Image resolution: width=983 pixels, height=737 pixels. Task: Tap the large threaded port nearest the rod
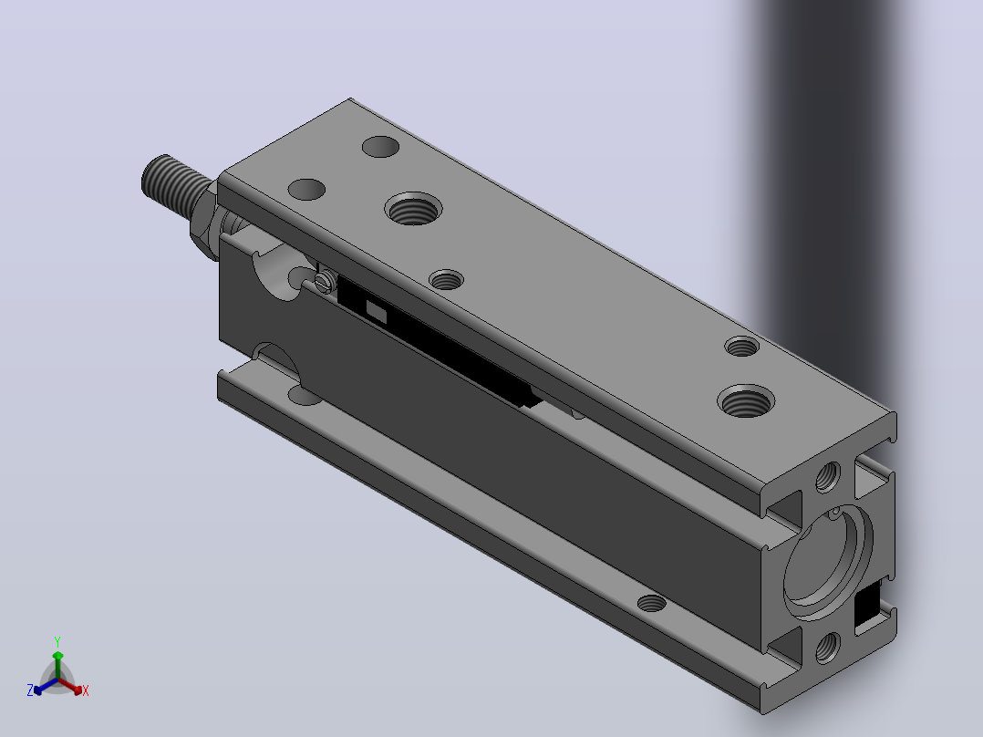413,208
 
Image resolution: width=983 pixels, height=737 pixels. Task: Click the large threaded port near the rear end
745,400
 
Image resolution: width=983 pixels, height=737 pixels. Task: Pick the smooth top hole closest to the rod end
306,190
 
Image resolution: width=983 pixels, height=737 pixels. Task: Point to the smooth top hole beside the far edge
380,147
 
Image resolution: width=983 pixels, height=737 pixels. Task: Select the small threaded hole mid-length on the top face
447,280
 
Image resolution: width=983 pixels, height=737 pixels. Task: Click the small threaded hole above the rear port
741,347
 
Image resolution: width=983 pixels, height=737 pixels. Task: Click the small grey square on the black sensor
376,312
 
